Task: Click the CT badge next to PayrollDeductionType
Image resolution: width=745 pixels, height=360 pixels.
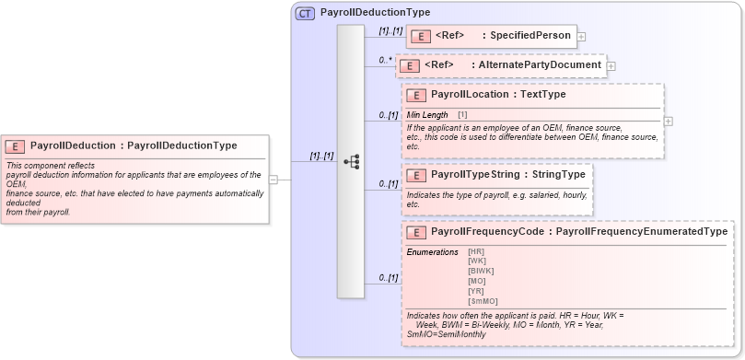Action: coord(305,13)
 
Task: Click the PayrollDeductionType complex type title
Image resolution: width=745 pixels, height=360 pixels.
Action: coord(375,13)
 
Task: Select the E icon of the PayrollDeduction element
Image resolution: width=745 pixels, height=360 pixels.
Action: coord(16,145)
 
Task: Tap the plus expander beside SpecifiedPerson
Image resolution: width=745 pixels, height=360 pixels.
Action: coord(582,37)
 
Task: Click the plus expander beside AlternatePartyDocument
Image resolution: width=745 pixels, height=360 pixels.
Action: coord(611,66)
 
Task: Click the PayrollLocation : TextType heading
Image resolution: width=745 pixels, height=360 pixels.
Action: coord(498,94)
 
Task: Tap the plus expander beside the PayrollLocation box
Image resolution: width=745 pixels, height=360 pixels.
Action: coord(668,121)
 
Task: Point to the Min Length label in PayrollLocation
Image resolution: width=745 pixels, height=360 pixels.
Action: coord(428,114)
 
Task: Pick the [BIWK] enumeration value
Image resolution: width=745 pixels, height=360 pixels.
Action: coord(481,271)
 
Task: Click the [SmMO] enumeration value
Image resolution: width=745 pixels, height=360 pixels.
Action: coord(483,301)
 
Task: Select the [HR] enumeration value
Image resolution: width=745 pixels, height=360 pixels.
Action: coord(476,251)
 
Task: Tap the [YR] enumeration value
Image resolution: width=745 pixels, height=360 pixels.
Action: coord(476,291)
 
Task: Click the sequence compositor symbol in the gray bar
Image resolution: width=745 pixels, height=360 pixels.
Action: coord(351,161)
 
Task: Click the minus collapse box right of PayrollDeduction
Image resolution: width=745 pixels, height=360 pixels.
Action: coord(273,180)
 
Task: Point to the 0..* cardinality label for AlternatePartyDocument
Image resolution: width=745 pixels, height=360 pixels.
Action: coord(386,61)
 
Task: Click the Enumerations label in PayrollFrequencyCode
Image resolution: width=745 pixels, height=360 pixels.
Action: coord(433,251)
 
